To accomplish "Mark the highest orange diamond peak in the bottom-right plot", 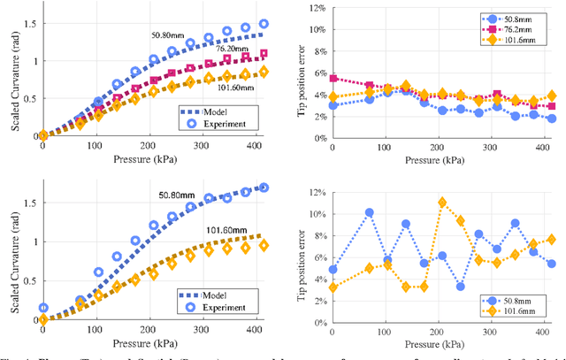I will (442, 203).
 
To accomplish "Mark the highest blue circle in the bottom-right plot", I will (370, 212).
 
